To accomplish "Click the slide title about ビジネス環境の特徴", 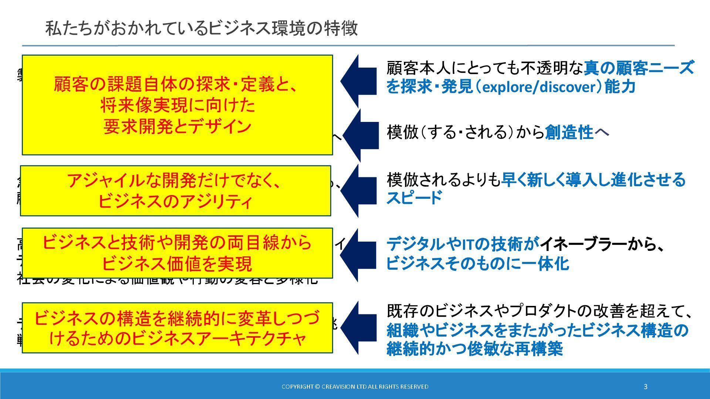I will [202, 28].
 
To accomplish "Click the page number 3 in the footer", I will [646, 386].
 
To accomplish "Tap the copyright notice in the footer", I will [355, 386].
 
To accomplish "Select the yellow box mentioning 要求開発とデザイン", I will [177, 105].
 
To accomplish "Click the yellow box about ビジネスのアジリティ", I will [175, 191].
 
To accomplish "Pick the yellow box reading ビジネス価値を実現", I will [177, 253].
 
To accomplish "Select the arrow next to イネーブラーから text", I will [358, 255].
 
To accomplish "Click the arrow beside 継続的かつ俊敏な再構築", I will [358, 328].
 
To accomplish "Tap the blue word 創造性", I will [569, 132].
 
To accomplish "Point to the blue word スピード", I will [414, 198].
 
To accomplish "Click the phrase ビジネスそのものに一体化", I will [477, 264].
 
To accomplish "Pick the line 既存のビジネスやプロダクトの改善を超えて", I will [539, 311].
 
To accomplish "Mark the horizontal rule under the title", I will [348, 46].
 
